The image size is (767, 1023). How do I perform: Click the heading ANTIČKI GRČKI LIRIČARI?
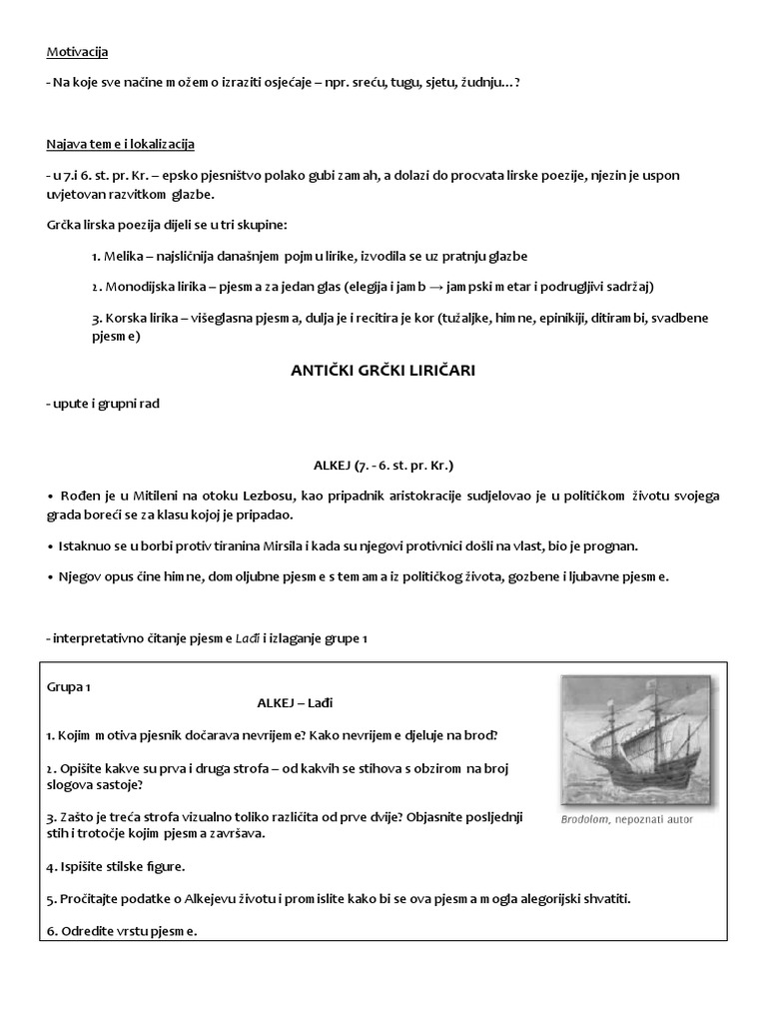pyautogui.click(x=383, y=371)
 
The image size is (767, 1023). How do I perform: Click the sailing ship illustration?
pyautogui.click(x=625, y=739)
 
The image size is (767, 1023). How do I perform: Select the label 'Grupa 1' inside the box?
pyautogui.click(x=69, y=687)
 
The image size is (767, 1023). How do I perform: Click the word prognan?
pyautogui.click(x=612, y=546)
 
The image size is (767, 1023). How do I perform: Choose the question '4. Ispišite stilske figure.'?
pyautogui.click(x=116, y=865)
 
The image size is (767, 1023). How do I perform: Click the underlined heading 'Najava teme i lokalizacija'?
pyautogui.click(x=120, y=144)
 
